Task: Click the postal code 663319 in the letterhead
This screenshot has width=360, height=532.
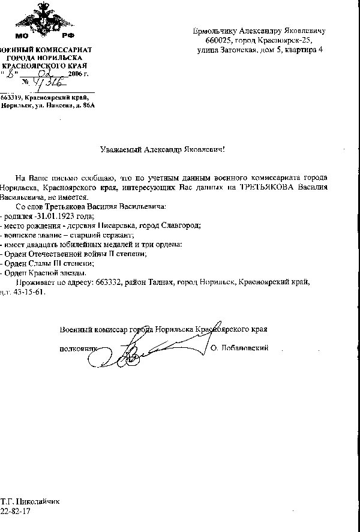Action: pyautogui.click(x=12, y=97)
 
